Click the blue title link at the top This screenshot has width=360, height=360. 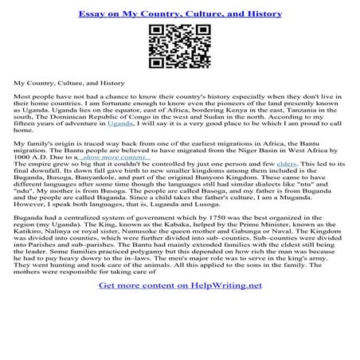pyautogui.click(x=179, y=14)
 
